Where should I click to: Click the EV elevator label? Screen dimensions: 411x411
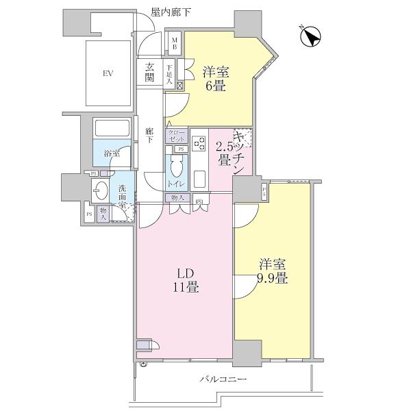(108, 73)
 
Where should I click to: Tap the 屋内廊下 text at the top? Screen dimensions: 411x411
(171, 12)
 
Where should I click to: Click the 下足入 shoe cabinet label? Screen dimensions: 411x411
(169, 73)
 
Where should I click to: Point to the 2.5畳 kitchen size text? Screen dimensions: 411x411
(223, 153)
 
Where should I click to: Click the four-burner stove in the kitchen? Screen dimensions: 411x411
(199, 144)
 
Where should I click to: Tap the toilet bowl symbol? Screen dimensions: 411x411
(176, 166)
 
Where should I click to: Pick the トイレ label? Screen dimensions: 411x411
(176, 184)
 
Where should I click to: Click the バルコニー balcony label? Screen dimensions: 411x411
(223, 379)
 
